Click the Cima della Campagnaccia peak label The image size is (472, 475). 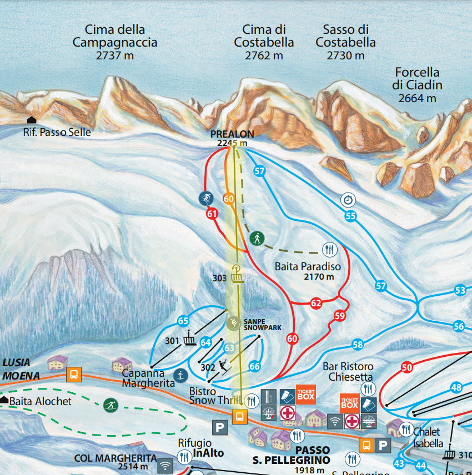[x=115, y=42]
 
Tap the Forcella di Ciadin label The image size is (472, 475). [x=418, y=85]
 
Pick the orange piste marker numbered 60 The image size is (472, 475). [x=229, y=198]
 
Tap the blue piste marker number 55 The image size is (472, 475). [x=350, y=216]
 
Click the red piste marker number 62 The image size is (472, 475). [x=316, y=304]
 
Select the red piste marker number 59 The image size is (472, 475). [x=340, y=316]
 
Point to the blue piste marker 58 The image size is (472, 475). [x=357, y=345]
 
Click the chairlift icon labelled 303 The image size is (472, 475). [x=238, y=273]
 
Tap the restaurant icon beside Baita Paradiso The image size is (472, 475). [x=329, y=250]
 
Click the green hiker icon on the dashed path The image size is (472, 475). [x=257, y=239]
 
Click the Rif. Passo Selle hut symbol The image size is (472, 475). [x=32, y=120]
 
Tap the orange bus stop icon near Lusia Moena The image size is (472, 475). [x=73, y=375]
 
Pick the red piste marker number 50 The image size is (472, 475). [x=407, y=367]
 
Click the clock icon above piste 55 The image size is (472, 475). [x=348, y=199]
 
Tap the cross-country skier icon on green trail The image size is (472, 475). [x=111, y=405]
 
